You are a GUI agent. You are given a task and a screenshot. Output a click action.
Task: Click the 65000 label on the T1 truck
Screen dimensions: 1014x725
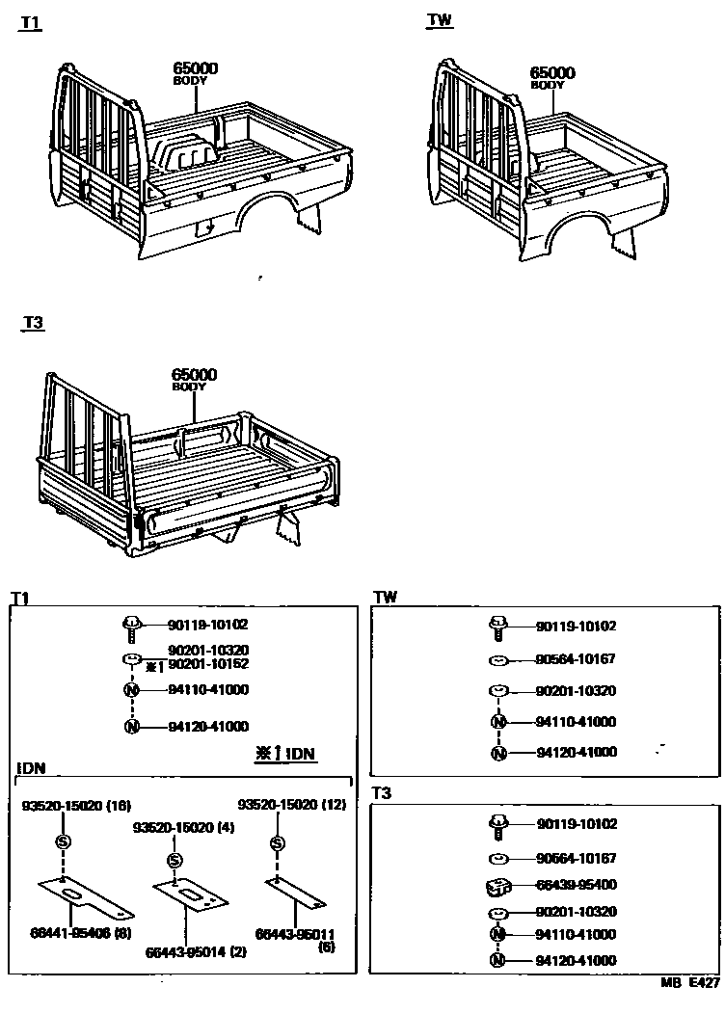[195, 68]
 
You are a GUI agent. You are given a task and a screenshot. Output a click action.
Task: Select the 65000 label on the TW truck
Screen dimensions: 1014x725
[552, 72]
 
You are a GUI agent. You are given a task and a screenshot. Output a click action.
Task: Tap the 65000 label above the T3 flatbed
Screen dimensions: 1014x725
[195, 374]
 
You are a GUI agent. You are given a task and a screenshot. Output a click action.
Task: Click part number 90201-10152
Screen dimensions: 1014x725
[208, 664]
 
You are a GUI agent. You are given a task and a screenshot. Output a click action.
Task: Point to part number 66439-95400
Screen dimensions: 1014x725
[577, 885]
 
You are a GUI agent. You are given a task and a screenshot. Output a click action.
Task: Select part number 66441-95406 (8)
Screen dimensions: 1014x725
[82, 933]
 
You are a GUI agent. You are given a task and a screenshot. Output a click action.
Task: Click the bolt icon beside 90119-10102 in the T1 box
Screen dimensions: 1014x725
[131, 626]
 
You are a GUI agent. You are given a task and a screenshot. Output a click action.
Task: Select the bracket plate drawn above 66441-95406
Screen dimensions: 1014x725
[85, 898]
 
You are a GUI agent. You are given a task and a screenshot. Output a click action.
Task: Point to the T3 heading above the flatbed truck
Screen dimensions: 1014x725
[33, 324]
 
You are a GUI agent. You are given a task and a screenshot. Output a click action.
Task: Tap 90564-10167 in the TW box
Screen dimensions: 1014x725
[577, 660]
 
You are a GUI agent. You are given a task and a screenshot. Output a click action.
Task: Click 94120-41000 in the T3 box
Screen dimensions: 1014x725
[577, 960]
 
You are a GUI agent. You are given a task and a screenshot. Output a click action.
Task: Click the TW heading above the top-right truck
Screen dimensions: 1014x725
[440, 19]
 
